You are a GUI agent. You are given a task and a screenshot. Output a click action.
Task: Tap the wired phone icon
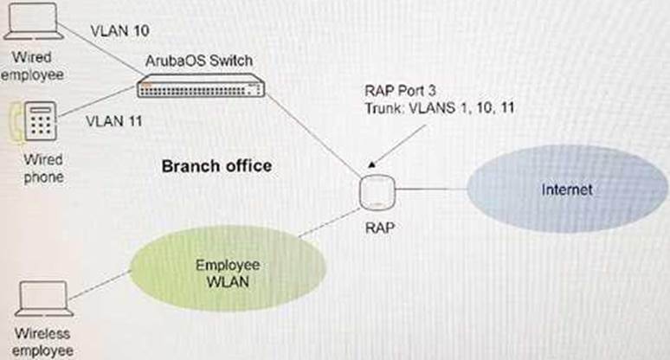(39, 125)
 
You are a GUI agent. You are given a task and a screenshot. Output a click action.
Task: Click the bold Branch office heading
(216, 165)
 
